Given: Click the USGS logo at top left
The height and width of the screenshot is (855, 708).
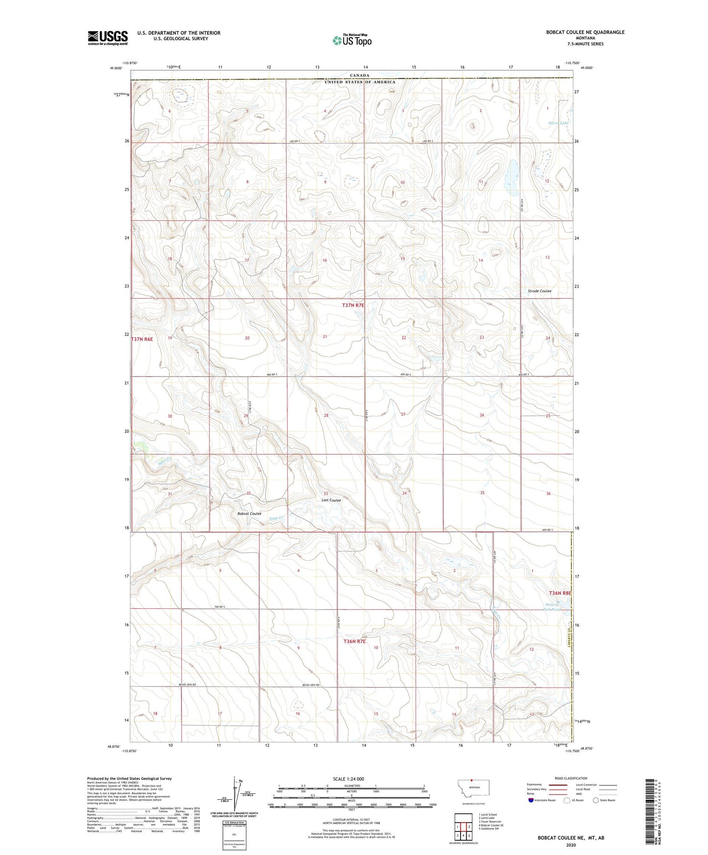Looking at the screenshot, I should click(x=107, y=37).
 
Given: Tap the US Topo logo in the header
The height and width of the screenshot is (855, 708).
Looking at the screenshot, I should click(x=351, y=40).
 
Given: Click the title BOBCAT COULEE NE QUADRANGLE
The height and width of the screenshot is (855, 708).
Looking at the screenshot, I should click(x=585, y=32).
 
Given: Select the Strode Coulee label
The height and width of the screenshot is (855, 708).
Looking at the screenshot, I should click(x=539, y=291).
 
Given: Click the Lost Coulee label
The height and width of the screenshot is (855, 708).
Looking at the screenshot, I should click(x=331, y=500).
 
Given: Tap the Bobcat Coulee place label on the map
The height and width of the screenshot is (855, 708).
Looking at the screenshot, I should click(x=249, y=514).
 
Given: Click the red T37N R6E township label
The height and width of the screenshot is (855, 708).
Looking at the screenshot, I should click(x=143, y=339).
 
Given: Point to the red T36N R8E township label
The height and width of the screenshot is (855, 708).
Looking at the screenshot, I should click(x=560, y=593).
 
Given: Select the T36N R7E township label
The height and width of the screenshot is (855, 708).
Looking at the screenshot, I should click(x=354, y=641).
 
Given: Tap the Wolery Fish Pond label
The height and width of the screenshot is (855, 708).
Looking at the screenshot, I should click(x=552, y=607).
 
